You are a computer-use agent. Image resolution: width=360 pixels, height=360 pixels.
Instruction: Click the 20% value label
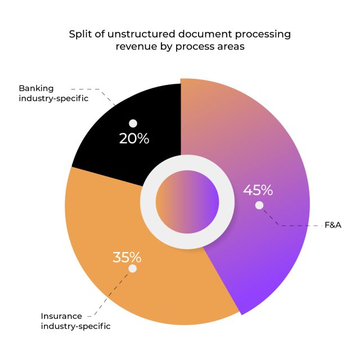pos(134,138)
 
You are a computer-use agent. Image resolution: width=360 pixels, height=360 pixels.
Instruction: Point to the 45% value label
pos(258,190)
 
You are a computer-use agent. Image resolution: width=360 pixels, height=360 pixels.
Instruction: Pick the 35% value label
pos(127,258)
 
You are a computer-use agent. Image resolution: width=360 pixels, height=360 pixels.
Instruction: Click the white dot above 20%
pos(133,123)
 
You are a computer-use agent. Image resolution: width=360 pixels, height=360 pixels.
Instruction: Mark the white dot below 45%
pos(259,205)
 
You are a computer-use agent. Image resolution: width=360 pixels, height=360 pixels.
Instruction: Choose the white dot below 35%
pos(133,269)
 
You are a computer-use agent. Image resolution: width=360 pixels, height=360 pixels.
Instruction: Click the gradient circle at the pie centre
pos(187,200)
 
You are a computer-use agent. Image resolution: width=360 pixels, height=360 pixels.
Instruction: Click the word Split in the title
pos(79,34)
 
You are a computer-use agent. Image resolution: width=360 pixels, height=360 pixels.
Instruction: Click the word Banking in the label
pos(35,88)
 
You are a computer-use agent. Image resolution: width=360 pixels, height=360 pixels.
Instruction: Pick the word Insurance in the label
pos(61,316)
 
